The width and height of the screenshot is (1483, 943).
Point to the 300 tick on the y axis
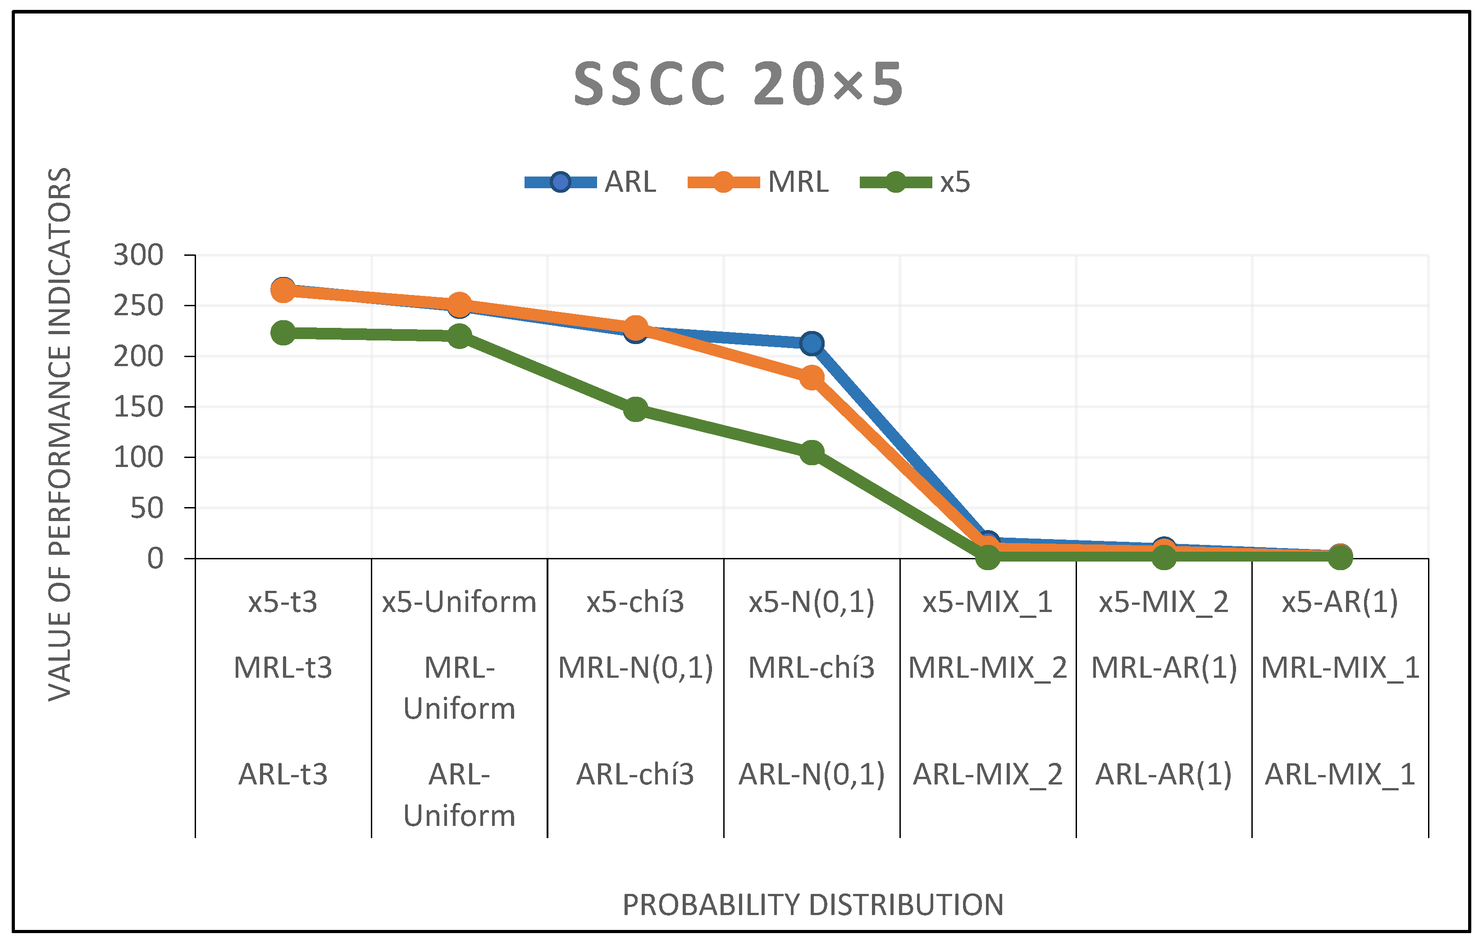139,255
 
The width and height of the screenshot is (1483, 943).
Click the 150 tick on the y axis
139,407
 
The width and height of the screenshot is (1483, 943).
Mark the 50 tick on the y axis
146,508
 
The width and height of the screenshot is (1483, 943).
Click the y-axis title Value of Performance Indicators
60,434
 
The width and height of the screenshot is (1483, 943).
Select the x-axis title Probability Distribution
813,905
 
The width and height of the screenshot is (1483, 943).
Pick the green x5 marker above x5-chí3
635,409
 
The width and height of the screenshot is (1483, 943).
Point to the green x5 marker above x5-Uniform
460,335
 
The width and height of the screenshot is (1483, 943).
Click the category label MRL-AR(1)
1164,668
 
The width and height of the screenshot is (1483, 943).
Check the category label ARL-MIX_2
987,774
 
